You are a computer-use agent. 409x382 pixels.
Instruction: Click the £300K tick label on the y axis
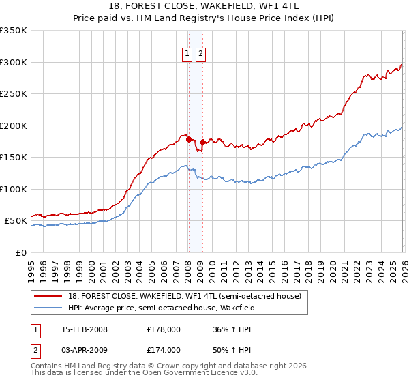[x=14, y=62]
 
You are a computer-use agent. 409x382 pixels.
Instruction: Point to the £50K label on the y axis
[x=16, y=221]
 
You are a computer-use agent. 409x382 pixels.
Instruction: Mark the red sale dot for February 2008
[x=189, y=139]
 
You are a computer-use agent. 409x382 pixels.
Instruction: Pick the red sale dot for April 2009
[x=202, y=142]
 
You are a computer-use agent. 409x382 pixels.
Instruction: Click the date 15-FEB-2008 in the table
[x=85, y=329]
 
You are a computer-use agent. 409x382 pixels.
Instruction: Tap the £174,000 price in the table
[x=164, y=350]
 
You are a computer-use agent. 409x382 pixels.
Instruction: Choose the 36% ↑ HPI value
[x=232, y=329]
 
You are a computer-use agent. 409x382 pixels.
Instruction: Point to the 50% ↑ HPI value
[x=232, y=350]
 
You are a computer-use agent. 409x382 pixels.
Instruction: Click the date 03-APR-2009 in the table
[x=85, y=350]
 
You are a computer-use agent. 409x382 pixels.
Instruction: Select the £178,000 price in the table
[x=164, y=329]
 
